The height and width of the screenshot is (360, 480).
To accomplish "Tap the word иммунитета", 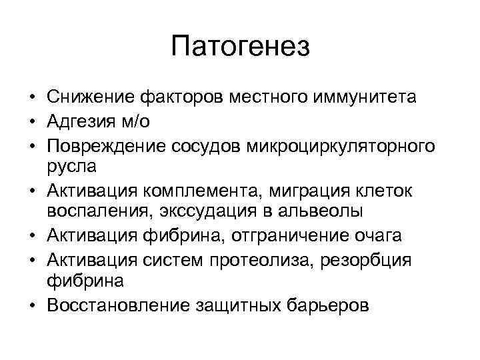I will pos(363,97).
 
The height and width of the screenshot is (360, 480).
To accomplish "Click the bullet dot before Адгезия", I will pos(32,121).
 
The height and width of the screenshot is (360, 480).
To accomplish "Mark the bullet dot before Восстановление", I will pos(32,306).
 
